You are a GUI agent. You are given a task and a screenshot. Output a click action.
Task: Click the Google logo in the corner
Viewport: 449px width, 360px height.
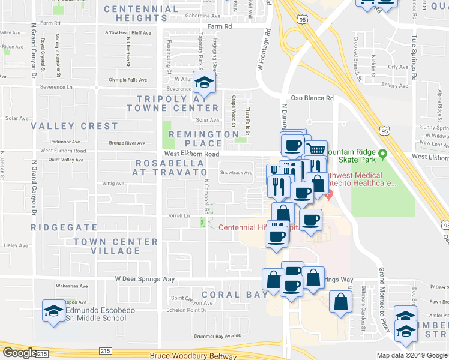(20, 353)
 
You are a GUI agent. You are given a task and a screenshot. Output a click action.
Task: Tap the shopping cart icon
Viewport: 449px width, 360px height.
(316, 148)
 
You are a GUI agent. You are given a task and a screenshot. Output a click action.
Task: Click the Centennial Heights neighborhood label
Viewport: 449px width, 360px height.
(142, 13)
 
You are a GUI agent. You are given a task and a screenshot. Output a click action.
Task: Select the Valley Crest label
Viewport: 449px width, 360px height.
(75, 126)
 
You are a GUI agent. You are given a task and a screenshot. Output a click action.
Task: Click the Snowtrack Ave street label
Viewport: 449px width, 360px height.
(235, 173)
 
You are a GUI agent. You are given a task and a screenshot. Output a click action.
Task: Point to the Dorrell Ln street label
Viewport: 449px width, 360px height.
(178, 215)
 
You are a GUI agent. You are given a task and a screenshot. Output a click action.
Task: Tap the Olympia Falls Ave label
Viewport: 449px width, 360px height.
(127, 79)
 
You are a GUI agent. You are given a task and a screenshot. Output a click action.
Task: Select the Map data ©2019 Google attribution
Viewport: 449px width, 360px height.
(411, 355)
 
